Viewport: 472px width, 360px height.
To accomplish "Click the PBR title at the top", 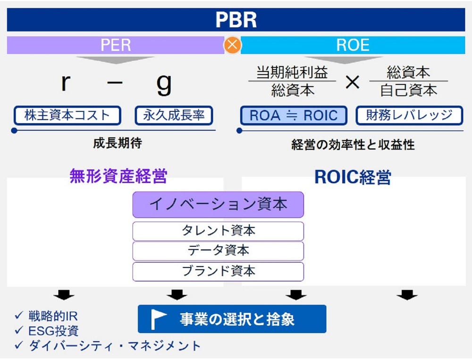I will click(236, 20).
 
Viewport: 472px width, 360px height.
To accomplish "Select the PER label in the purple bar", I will click(116, 45).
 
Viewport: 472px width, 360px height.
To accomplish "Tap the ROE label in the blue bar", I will click(353, 45).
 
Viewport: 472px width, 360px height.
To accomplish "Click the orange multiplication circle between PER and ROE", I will click(232, 45).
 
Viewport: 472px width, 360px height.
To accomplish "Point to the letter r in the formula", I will click(66, 83).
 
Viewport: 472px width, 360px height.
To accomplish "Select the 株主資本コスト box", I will click(67, 115).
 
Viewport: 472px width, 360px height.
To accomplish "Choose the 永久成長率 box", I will click(174, 115).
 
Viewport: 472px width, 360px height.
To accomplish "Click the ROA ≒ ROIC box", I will click(293, 116).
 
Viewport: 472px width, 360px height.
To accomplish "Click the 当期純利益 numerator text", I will click(292, 73).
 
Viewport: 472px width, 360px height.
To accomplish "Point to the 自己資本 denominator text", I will click(408, 90).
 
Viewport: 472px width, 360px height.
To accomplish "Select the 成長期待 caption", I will click(117, 143).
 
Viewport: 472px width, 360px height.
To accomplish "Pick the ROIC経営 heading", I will click(353, 177).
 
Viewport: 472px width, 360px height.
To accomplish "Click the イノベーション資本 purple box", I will click(218, 204).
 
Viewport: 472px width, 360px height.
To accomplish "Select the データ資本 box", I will click(218, 251).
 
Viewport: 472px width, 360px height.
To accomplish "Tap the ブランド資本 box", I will click(218, 271).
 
